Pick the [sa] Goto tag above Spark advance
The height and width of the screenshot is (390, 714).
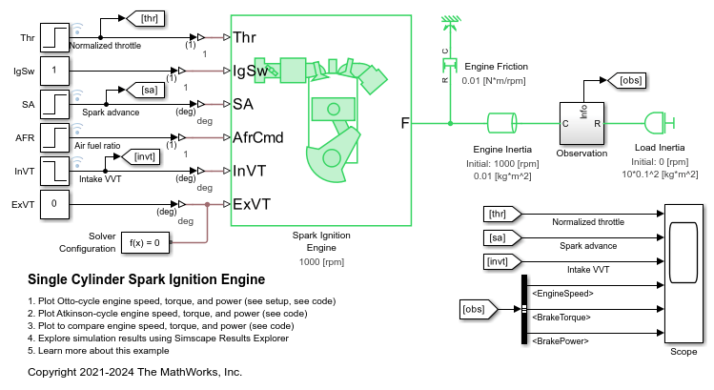click(148, 92)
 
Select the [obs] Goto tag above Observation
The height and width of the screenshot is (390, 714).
click(627, 81)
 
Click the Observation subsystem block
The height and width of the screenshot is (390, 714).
click(581, 123)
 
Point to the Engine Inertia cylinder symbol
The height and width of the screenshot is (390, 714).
click(501, 124)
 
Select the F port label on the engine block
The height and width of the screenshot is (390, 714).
click(404, 123)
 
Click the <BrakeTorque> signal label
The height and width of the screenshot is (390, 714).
click(562, 317)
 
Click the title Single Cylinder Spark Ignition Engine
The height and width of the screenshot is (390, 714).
click(145, 279)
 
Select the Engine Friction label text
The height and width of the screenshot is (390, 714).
click(495, 67)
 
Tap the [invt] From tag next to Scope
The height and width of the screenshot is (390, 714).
click(500, 260)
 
